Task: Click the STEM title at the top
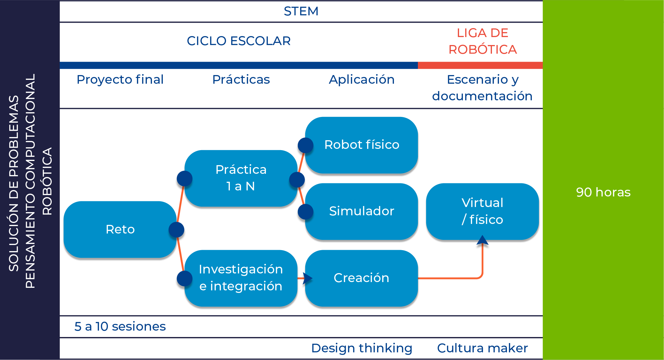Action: (x=301, y=11)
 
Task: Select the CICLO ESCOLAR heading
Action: (x=239, y=41)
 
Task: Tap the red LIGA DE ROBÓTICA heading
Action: (x=482, y=41)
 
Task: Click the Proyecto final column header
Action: (x=120, y=80)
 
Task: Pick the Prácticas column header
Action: (x=241, y=80)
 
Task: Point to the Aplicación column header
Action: (x=362, y=80)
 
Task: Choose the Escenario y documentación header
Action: (x=482, y=88)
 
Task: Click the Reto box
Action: (x=120, y=229)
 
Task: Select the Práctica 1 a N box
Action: (x=241, y=178)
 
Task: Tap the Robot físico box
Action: (x=362, y=145)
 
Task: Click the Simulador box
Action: (x=362, y=211)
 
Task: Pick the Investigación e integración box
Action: (x=241, y=278)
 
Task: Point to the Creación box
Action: (x=362, y=278)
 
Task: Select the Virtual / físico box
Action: (x=482, y=211)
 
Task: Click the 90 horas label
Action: (x=603, y=192)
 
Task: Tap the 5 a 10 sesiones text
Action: (x=120, y=326)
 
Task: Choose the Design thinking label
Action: (x=362, y=348)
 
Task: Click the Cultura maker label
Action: (x=482, y=348)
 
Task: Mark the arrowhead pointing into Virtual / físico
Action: (x=482, y=242)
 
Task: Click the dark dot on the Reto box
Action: (x=177, y=230)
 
